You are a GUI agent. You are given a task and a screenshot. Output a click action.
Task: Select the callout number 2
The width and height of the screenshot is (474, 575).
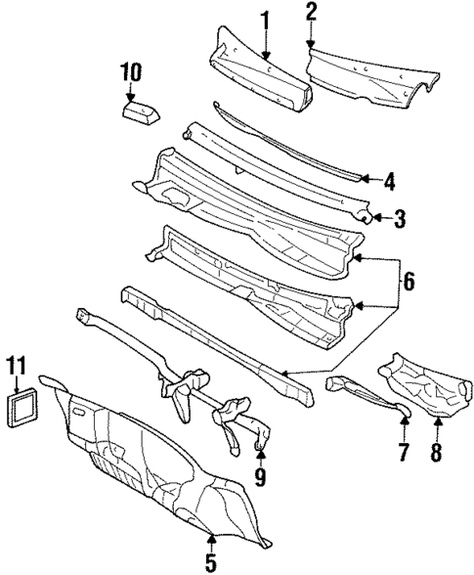(x=311, y=13)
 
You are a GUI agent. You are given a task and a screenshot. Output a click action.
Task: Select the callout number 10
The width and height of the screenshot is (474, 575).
(x=131, y=72)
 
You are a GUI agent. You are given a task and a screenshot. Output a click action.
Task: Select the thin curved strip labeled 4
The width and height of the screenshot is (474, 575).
(x=283, y=143)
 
